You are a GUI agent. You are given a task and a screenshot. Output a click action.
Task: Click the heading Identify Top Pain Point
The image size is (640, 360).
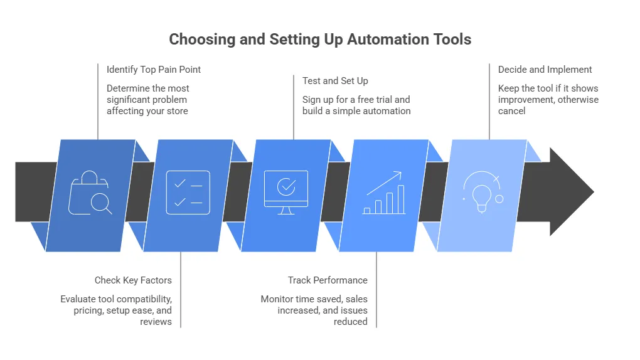(x=154, y=70)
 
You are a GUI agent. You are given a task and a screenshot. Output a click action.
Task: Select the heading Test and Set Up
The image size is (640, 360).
(x=335, y=81)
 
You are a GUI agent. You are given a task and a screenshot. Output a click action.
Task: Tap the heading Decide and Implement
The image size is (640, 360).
(x=545, y=70)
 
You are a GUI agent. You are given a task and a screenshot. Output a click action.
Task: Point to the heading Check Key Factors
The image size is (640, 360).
(x=133, y=280)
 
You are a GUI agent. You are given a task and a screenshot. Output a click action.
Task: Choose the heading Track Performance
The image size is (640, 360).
(x=328, y=280)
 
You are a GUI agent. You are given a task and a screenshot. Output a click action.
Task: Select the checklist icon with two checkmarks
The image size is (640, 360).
(x=188, y=193)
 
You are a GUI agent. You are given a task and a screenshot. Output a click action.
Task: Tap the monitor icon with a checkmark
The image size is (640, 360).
(x=286, y=191)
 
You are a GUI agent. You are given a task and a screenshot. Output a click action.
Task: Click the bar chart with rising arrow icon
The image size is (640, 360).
(x=384, y=193)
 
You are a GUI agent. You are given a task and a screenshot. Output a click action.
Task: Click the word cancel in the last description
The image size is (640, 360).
(x=511, y=111)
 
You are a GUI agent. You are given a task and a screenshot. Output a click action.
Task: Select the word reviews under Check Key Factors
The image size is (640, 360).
(x=156, y=322)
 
